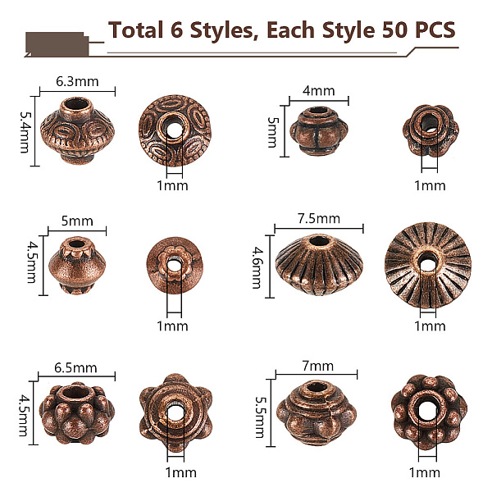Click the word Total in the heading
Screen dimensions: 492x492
[135, 30]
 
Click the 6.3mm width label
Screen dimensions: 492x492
[77, 81]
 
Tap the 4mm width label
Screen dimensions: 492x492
[318, 91]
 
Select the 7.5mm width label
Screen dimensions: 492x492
[319, 218]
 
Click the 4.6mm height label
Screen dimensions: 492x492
[257, 267]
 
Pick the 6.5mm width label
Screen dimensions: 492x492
[75, 367]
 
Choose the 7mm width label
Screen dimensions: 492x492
[318, 367]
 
